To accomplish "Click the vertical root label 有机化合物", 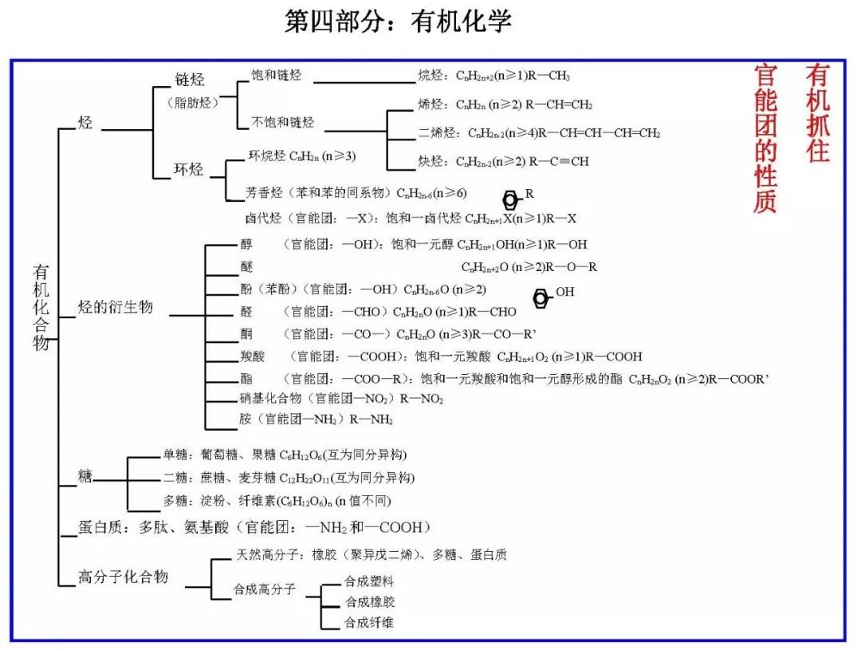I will (x=41, y=307).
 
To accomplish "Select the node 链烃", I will (x=190, y=80).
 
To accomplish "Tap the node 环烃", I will (x=189, y=170).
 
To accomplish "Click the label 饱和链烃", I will (x=277, y=76).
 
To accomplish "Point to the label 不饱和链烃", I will (x=283, y=122).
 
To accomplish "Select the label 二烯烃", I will (x=438, y=133).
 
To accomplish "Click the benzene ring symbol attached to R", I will (x=510, y=199).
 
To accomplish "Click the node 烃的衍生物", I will (x=115, y=307).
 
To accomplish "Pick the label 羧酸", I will (x=252, y=357).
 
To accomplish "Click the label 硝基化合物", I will (x=271, y=398).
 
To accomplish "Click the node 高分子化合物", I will (x=123, y=577).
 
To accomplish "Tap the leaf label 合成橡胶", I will (x=369, y=602).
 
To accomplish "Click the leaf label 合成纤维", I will (x=369, y=622).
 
